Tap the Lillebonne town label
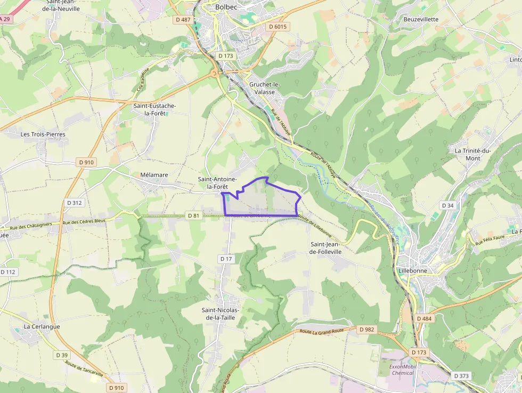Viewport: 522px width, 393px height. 412,271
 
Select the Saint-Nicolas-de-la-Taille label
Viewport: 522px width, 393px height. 221,314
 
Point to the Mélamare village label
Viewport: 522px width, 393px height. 154,175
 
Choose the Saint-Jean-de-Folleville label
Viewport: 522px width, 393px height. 326,247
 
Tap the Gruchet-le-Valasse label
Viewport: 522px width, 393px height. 264,88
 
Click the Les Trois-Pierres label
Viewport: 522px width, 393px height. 43,134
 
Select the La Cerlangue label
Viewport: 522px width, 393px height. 42,326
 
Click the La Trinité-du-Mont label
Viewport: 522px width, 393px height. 472,154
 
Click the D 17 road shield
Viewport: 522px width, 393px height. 226,259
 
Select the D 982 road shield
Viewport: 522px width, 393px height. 367,330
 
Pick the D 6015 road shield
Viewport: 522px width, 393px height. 278,27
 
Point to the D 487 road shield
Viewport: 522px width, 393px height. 182,20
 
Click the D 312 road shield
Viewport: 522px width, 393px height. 75,203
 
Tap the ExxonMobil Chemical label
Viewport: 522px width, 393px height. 402,370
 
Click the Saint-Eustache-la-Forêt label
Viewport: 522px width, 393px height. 154,110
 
